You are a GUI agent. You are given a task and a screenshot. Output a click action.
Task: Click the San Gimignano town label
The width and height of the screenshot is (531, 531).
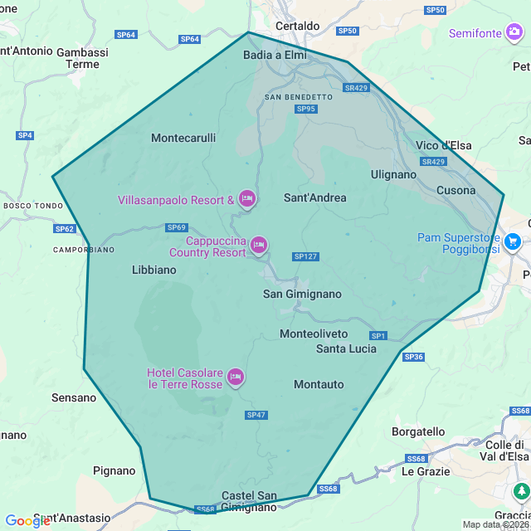pos(302,294)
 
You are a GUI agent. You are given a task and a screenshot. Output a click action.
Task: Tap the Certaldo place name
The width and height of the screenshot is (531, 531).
pos(297,26)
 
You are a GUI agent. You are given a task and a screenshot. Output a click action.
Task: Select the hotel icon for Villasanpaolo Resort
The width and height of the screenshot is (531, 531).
pos(246,199)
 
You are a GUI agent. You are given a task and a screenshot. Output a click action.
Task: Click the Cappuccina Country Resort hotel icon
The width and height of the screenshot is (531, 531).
pos(258,245)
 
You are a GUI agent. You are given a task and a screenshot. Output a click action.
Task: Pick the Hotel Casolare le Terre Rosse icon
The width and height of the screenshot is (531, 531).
pos(236,378)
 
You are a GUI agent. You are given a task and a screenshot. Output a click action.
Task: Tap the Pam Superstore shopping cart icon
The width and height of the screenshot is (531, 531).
pos(513,241)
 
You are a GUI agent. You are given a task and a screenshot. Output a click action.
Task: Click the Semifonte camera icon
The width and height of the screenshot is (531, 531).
pos(515,32)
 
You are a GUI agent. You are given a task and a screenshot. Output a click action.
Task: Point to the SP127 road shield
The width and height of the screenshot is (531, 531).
pos(305,256)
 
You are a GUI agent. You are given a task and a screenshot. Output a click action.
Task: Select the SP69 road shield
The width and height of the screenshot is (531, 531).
pos(177,227)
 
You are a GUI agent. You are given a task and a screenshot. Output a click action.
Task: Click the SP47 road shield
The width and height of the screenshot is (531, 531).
pos(256,415)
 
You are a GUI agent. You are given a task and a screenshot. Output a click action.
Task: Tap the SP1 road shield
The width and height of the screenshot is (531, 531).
pos(378,335)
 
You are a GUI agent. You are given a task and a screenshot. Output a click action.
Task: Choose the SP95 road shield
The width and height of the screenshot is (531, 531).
pos(306,109)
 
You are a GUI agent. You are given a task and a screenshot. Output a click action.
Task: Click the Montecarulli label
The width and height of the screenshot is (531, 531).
pos(183,139)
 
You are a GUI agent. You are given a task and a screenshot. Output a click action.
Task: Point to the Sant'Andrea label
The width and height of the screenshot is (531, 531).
pos(315,197)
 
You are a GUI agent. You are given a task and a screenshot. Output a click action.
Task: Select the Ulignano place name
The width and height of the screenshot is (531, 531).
pos(393,174)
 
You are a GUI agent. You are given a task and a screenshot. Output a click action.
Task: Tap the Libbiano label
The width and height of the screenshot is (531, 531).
pos(154,270)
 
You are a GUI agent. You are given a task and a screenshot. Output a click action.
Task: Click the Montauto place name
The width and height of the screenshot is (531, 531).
pos(319,384)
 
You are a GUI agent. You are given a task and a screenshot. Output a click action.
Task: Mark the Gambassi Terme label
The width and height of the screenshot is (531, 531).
pos(82,57)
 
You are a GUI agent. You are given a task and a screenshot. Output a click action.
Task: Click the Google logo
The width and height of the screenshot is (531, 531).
pos(27,521)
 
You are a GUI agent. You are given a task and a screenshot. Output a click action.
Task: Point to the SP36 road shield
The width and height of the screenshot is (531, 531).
pos(413,357)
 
